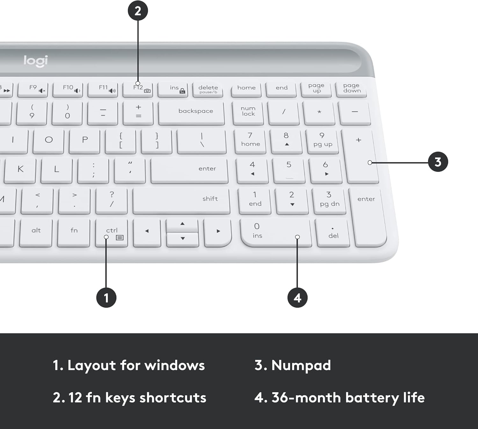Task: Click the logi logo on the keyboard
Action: [36, 61]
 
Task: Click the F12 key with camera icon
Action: [138, 89]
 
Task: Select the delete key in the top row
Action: [208, 89]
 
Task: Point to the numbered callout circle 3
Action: [438, 162]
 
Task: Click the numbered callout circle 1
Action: [106, 298]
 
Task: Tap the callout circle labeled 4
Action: [297, 298]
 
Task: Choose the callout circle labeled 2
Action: [138, 11]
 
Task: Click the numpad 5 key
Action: [289, 170]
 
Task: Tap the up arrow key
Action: [182, 225]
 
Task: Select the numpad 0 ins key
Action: [275, 232]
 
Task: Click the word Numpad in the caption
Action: [301, 366]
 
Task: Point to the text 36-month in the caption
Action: [306, 398]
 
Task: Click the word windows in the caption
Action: [174, 366]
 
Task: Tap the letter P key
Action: [84, 140]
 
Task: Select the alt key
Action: [36, 232]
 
